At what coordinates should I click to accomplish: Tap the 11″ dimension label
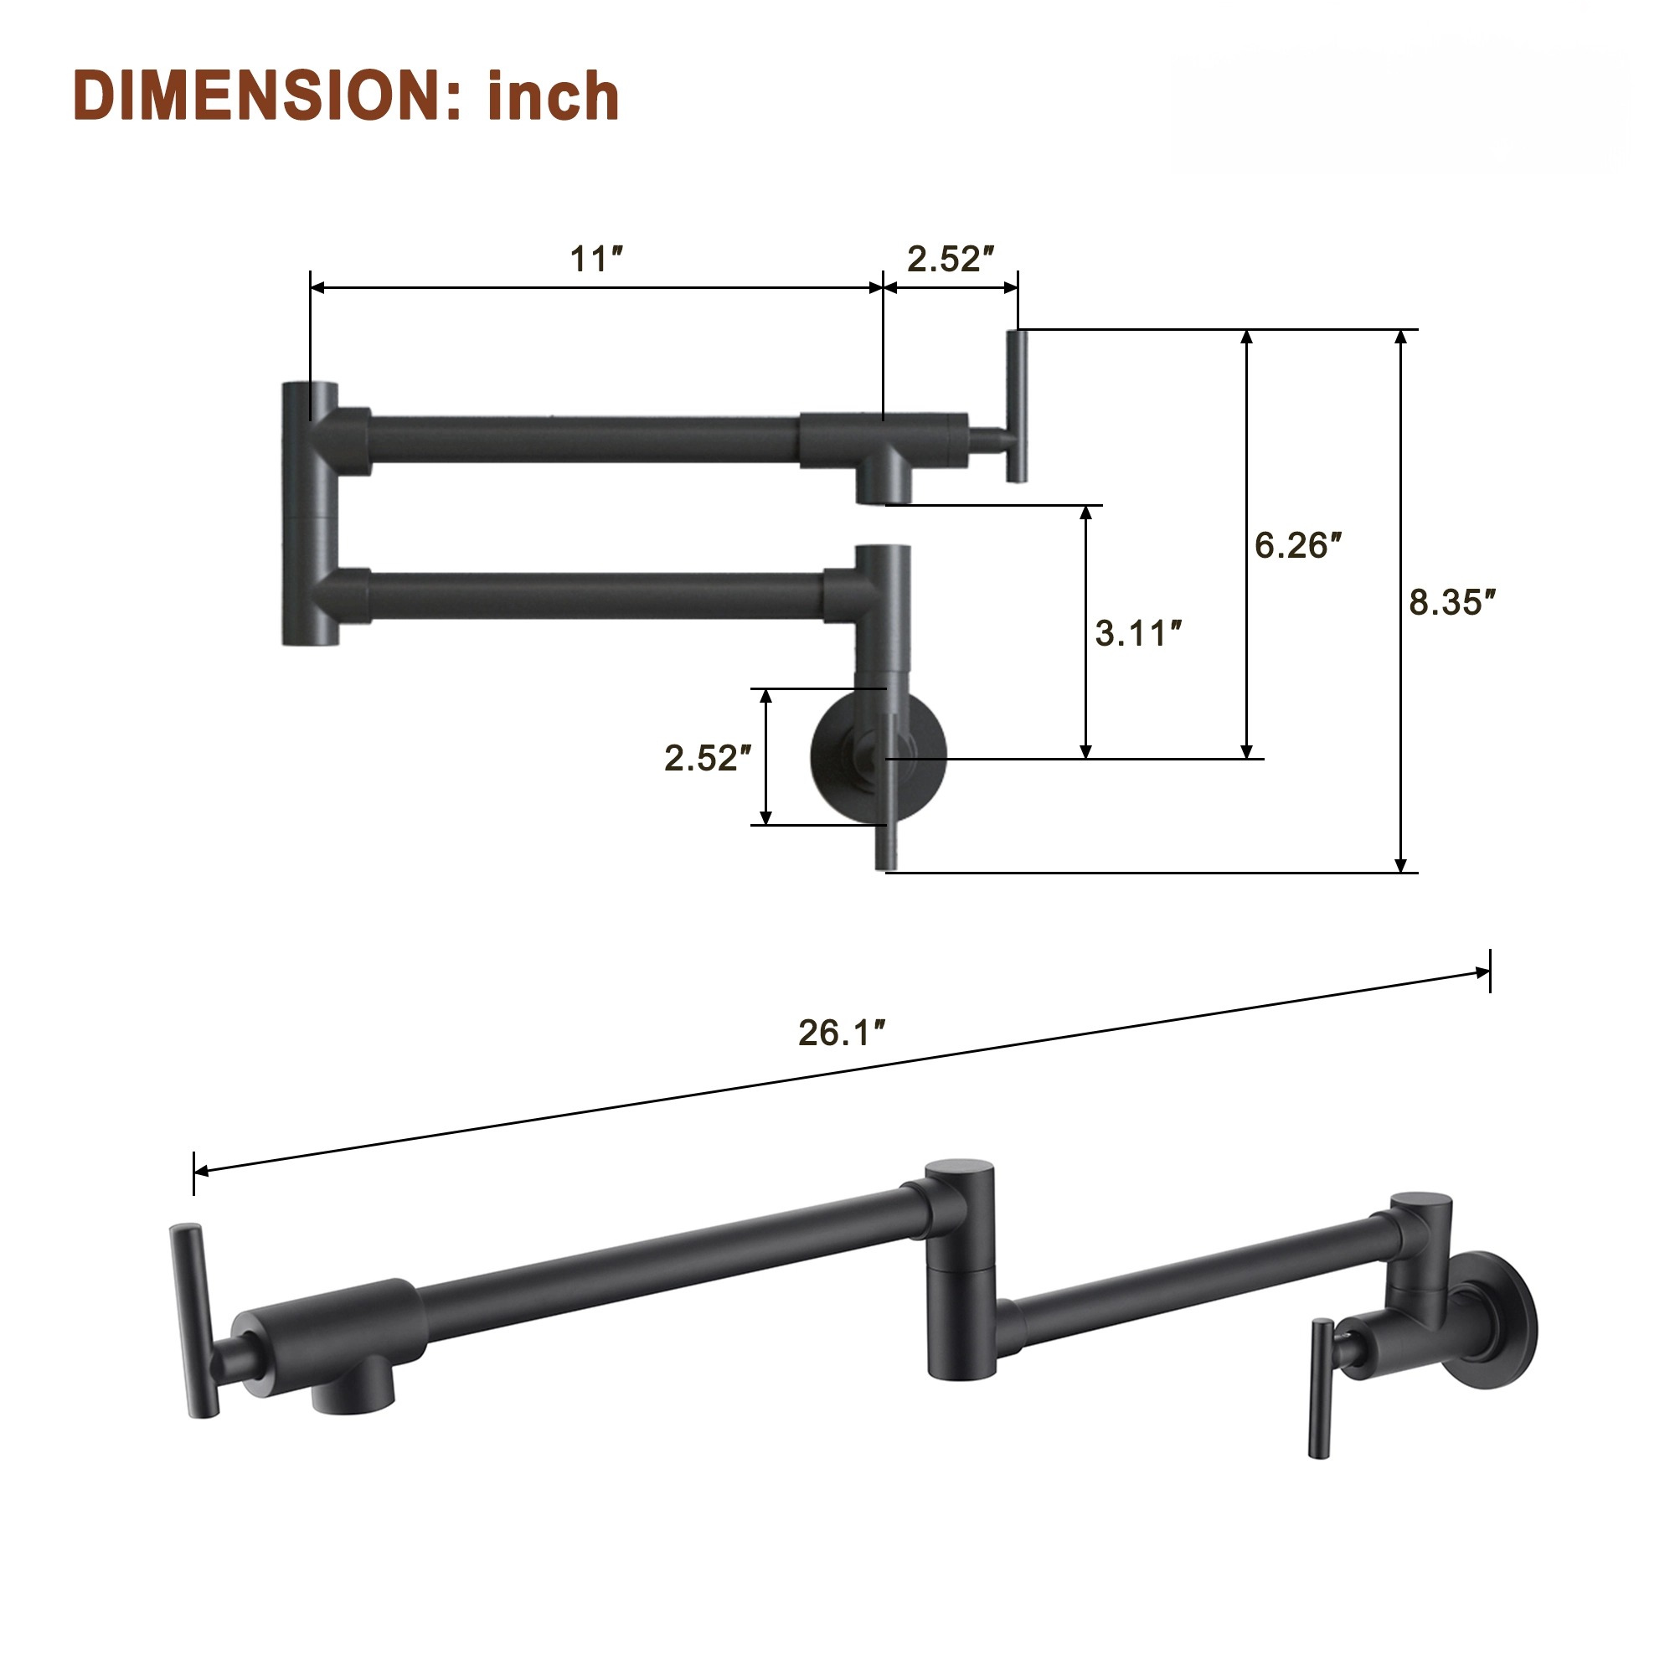(596, 260)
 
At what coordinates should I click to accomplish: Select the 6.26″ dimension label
(1298, 545)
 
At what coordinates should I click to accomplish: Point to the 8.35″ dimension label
(1452, 602)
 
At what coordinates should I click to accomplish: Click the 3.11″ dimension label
(1138, 634)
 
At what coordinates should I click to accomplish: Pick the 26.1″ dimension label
(841, 1033)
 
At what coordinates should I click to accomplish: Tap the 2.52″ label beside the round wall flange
(708, 759)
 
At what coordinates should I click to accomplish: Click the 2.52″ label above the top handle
(951, 260)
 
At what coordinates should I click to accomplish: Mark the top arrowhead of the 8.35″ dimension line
(1400, 338)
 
